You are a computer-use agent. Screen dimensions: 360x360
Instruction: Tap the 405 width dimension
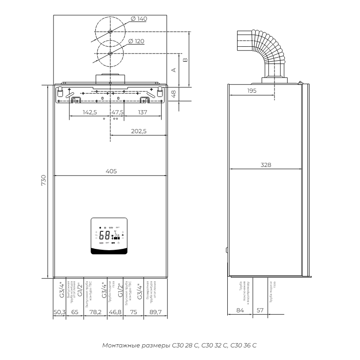point(111,171)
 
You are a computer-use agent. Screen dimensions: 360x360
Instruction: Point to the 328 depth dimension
point(266,165)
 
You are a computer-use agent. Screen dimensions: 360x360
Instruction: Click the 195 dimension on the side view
point(252,91)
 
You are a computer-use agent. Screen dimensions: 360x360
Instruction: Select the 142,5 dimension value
point(90,112)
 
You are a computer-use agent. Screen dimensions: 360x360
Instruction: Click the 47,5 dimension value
point(117,112)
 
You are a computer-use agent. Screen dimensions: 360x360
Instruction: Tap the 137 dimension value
point(142,112)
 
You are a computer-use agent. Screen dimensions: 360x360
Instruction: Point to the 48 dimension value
point(174,93)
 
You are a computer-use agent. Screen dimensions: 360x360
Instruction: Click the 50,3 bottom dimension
point(59,311)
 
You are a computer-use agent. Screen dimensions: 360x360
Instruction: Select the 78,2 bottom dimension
point(95,311)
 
